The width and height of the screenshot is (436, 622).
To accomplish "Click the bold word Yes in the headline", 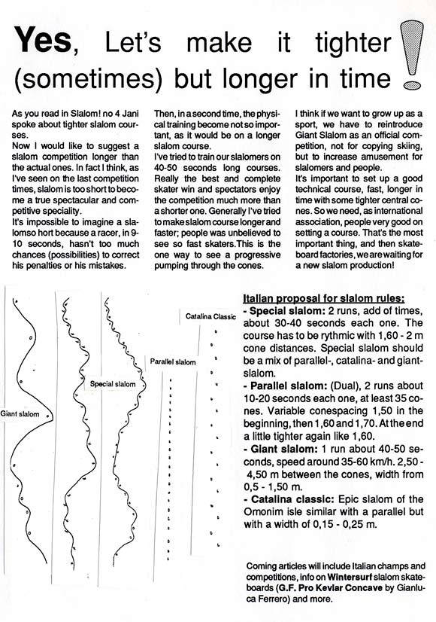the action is [43, 40].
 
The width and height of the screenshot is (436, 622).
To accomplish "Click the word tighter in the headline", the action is [353, 42].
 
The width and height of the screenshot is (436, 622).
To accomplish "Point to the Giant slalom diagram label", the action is [20, 413].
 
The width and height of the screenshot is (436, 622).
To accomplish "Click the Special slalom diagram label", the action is [113, 384].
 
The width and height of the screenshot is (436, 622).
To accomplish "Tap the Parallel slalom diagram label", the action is [173, 361].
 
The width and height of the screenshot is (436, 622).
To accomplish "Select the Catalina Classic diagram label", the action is [210, 316].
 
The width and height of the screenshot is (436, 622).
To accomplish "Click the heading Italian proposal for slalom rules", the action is [323, 298].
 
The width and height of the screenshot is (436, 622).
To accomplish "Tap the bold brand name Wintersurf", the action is [350, 577].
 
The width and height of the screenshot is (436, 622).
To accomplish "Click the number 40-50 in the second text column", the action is [167, 168].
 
